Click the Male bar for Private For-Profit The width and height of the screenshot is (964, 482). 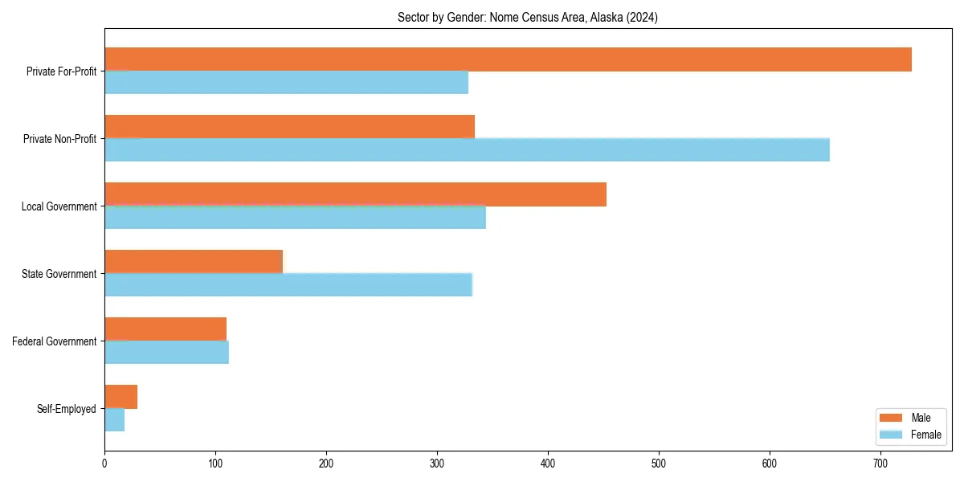tap(508, 59)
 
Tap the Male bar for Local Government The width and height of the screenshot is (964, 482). tap(355, 194)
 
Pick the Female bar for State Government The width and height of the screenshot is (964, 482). tap(288, 284)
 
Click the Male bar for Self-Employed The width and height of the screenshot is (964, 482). tap(120, 397)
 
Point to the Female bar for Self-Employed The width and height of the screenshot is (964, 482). tap(114, 419)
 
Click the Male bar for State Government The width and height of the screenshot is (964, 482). tap(194, 262)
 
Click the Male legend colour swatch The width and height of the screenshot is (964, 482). tap(892, 418)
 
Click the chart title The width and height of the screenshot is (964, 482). tap(528, 18)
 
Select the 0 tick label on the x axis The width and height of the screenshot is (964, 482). tap(104, 464)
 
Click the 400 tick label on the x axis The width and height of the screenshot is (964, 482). tap(548, 464)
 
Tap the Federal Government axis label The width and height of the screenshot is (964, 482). tap(55, 341)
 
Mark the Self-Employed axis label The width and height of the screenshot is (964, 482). tap(67, 409)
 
